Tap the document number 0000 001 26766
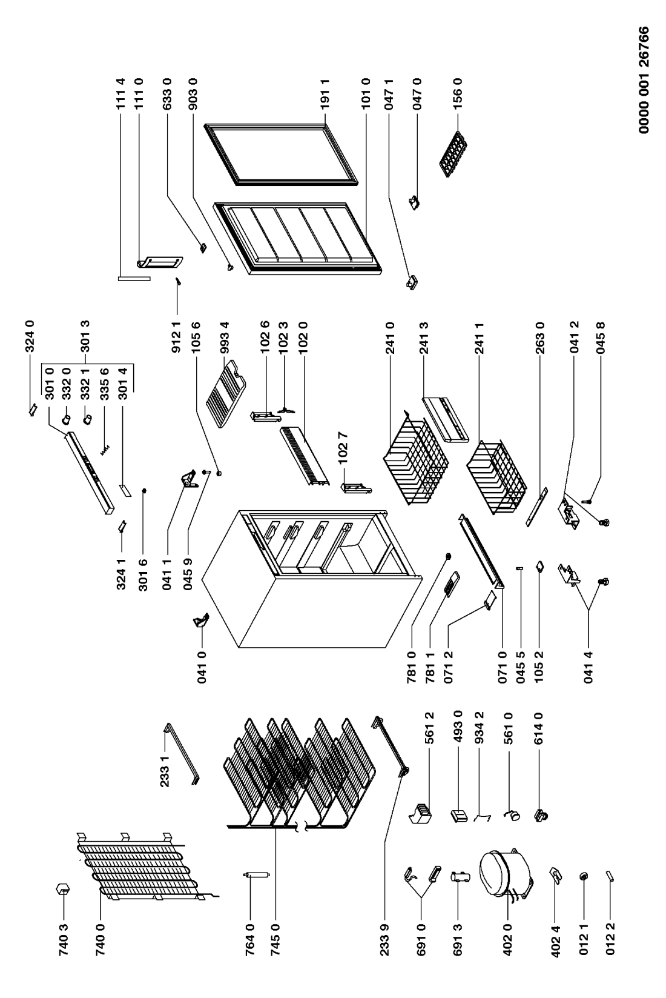click(x=643, y=80)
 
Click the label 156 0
click(x=458, y=93)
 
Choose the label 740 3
click(x=63, y=939)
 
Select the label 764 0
click(x=250, y=939)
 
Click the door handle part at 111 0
click(x=159, y=264)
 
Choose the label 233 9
click(x=384, y=939)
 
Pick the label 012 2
click(x=610, y=939)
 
